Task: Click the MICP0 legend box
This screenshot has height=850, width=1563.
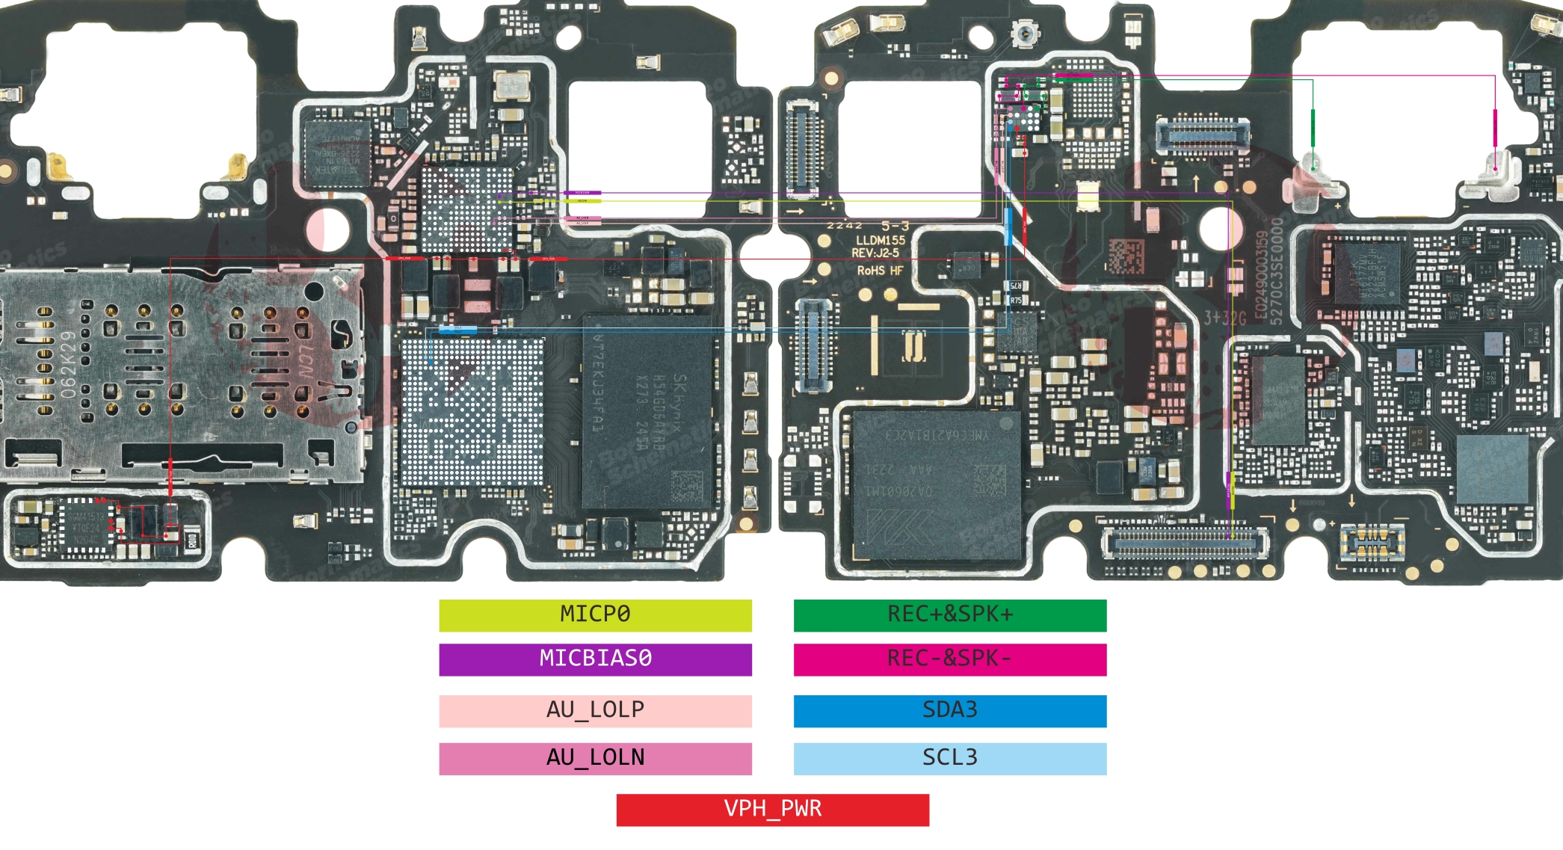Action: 595,615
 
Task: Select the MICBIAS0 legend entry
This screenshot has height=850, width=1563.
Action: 595,659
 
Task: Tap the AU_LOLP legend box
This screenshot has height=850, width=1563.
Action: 595,710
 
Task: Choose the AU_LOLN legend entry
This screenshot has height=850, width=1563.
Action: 595,758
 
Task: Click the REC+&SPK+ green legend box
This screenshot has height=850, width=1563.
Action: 949,615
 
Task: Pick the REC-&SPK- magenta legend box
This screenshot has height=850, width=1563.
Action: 949,659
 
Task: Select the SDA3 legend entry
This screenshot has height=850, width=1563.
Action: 949,710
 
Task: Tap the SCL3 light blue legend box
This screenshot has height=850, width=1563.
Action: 949,758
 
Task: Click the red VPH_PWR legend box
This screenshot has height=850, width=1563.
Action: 772,810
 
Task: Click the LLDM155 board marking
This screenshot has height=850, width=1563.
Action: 880,240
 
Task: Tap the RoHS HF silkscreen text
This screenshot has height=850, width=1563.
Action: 880,271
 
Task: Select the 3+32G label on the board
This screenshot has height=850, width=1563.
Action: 1224,318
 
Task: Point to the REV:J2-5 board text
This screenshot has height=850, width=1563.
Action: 875,253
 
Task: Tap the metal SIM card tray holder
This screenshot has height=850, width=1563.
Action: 179,374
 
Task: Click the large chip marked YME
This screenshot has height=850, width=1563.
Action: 936,484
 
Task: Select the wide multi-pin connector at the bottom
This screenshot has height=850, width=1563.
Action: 1185,543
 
